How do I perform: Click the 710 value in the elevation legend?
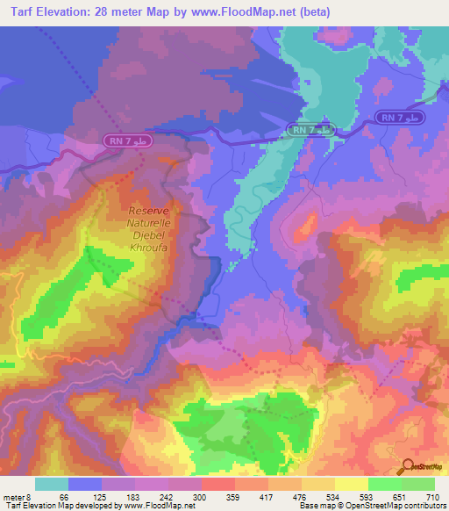click(433, 497)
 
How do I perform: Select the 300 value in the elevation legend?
click(200, 497)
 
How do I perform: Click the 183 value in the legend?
click(132, 497)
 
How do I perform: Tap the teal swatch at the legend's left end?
click(51, 484)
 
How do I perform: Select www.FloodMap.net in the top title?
click(242, 12)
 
